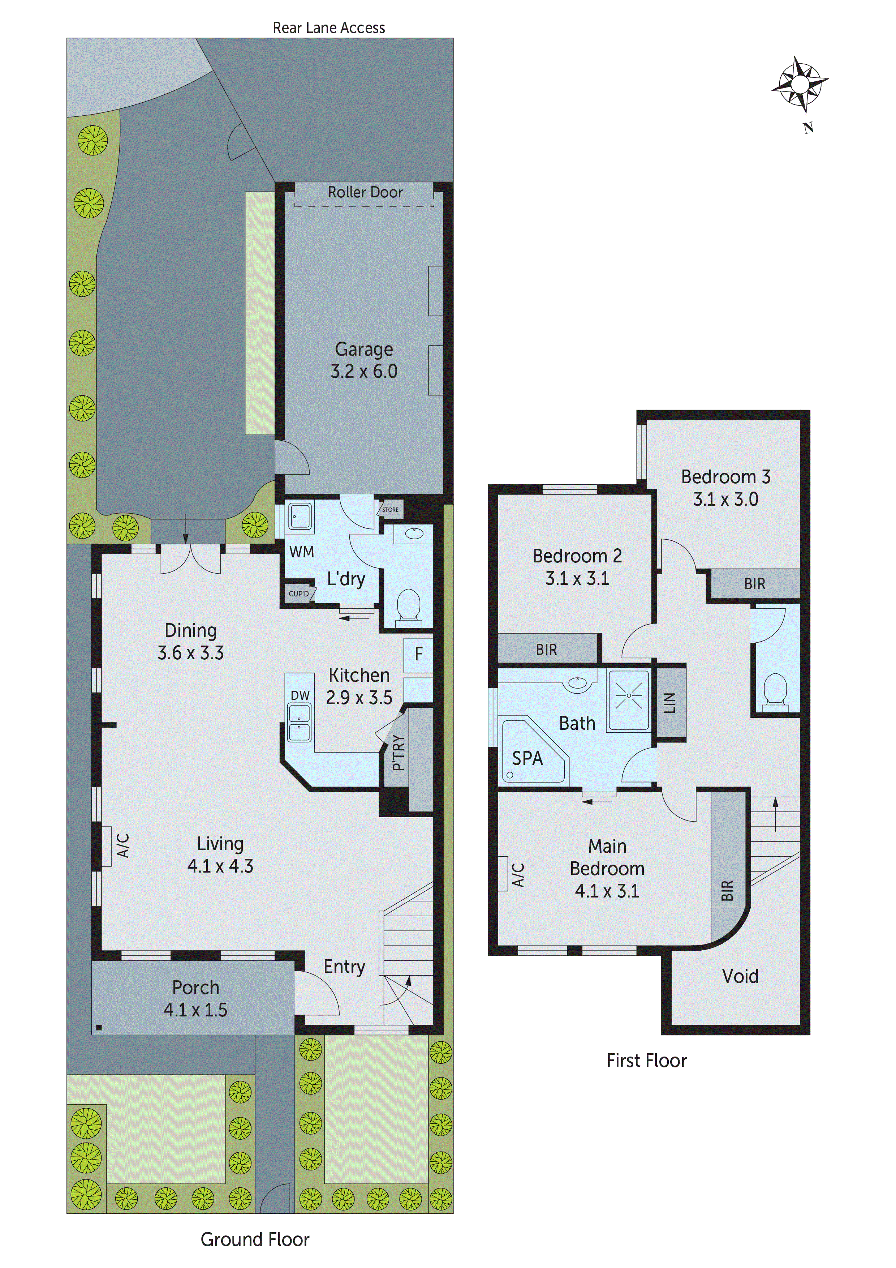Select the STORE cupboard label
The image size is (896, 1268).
390,509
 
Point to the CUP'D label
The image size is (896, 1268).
299,594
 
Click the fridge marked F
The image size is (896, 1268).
418,655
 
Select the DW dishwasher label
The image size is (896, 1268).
300,695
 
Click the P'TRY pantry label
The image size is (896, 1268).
399,752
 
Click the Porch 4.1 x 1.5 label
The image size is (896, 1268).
195,998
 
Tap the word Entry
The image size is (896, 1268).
344,967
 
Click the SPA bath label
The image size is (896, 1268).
527,758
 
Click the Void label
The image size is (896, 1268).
740,976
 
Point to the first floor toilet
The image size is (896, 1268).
776,689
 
